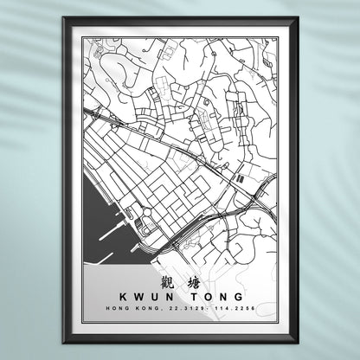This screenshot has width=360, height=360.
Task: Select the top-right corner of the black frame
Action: point(297,19)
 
